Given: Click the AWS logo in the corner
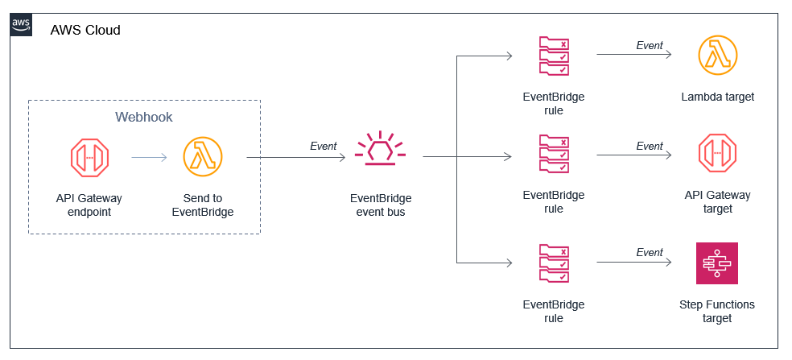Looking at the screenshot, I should [22, 25].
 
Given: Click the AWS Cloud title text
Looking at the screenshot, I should [85, 31].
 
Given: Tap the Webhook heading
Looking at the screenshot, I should [144, 118].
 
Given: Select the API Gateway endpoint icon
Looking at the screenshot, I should [89, 157].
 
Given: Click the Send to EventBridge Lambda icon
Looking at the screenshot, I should [203, 157].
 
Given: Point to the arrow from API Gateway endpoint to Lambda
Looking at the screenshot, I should [149, 158].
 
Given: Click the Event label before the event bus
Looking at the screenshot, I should [324, 147].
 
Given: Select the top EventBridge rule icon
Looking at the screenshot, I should [554, 56].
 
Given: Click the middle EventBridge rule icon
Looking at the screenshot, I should [554, 155].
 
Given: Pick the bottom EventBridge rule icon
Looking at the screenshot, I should [554, 264].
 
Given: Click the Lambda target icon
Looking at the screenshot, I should [717, 56].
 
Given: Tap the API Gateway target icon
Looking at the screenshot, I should [717, 155].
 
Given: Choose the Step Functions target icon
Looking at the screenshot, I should [717, 263].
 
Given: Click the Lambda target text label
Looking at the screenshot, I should [717, 97].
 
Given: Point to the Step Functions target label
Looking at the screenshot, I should [717, 312].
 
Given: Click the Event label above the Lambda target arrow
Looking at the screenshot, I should [650, 46].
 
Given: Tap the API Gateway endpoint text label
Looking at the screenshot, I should [89, 205].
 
